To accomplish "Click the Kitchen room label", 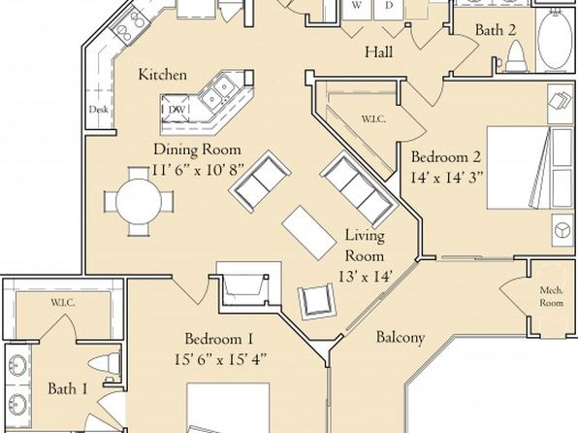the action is [163, 75].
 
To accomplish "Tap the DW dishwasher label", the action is [177, 110].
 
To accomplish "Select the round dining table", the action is [139, 202].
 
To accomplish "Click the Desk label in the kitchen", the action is [98, 110].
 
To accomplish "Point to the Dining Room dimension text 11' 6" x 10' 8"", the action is [198, 170].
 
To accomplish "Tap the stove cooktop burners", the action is [131, 25].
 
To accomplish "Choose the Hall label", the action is [378, 52].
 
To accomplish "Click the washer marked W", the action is [357, 8].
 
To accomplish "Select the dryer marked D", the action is [389, 8].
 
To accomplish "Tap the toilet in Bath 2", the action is [516, 56].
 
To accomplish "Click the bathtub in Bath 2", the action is [555, 39].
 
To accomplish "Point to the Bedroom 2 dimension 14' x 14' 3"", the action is [446, 178].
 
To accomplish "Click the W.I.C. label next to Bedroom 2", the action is [373, 119].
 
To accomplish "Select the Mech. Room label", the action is [552, 296].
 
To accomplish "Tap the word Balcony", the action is [400, 337].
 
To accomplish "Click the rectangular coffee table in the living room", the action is [309, 233].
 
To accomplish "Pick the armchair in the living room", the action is [317, 301].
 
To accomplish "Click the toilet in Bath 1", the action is [105, 363].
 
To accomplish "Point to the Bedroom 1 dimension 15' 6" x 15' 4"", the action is [220, 359].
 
